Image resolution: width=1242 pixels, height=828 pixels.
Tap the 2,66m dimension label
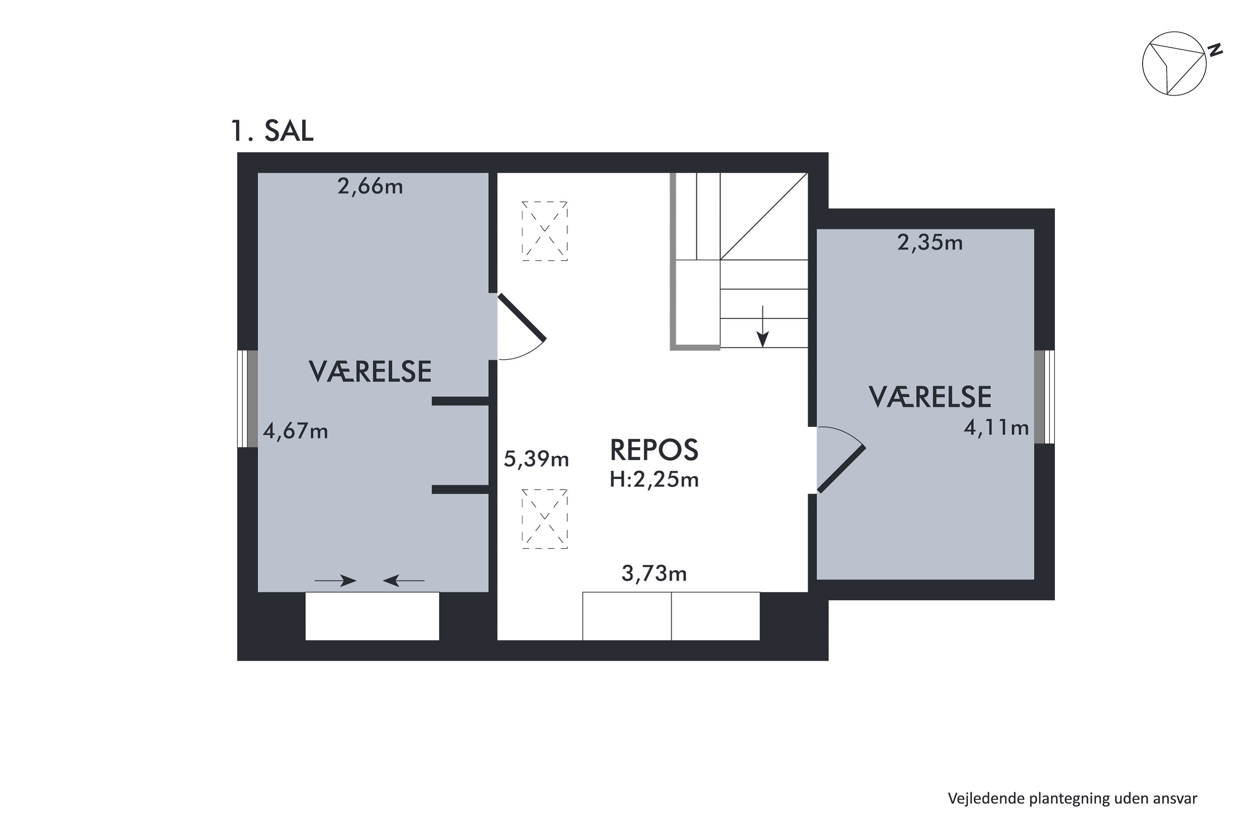coord(370,186)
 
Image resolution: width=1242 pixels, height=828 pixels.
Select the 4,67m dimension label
coord(295,431)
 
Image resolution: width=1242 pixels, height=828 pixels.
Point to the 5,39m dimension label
coord(536,459)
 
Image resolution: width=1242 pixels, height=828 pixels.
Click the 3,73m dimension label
coord(654,573)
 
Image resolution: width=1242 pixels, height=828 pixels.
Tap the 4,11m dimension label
coord(996,427)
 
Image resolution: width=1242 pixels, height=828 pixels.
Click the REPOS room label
coord(654,450)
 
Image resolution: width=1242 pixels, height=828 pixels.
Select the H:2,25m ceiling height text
coord(654,479)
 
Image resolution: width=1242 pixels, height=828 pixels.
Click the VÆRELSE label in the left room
coord(370,372)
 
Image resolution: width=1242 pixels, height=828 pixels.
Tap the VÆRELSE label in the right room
coord(929,397)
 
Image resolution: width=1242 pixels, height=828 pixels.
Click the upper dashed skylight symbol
coord(544,231)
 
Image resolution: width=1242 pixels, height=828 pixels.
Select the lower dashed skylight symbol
coord(544,519)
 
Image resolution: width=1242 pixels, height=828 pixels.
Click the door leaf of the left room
coord(522,318)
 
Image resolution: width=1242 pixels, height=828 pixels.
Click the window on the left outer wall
coord(247,399)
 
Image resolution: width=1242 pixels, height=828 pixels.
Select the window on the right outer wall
coord(1044,397)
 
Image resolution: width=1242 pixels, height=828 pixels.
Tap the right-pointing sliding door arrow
coord(336,581)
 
